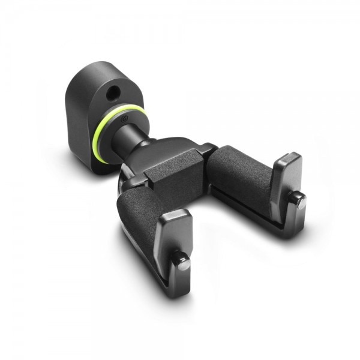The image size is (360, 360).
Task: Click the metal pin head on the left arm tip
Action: tap(182, 262)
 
